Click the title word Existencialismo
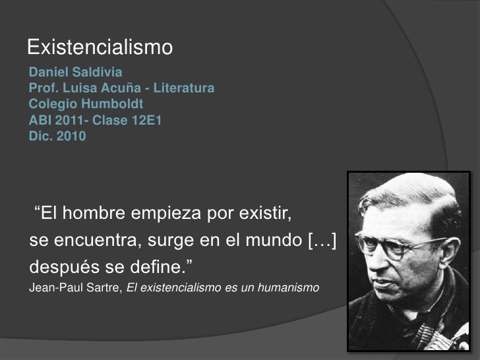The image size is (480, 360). coord(100,47)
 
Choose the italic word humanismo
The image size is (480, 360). coord(290,288)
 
